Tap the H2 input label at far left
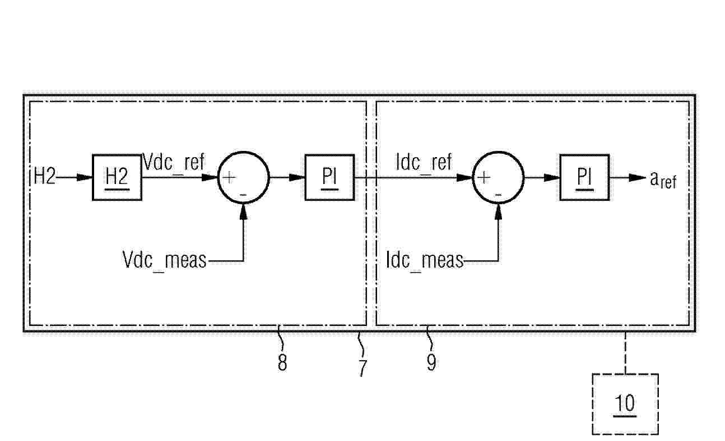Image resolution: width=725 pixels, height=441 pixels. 45,177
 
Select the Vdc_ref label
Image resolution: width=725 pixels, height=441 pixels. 174,162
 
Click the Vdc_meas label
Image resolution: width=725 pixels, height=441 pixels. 164,260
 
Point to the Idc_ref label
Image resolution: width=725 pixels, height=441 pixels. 424,162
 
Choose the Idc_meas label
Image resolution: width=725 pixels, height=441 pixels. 425,260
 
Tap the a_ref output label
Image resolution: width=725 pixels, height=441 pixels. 663,180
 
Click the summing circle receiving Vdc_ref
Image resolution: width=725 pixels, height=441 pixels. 243,152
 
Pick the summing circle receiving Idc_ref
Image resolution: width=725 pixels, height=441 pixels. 499,152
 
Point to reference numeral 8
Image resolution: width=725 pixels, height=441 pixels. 282,363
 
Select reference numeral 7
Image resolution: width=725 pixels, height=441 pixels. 363,367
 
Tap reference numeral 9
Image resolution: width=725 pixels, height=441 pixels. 431,362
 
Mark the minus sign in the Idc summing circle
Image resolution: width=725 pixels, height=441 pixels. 499,195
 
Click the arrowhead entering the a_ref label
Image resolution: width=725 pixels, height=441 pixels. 637,177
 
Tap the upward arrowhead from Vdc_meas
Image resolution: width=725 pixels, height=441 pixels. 243,212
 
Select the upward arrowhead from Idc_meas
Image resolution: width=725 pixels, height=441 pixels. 499,212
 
